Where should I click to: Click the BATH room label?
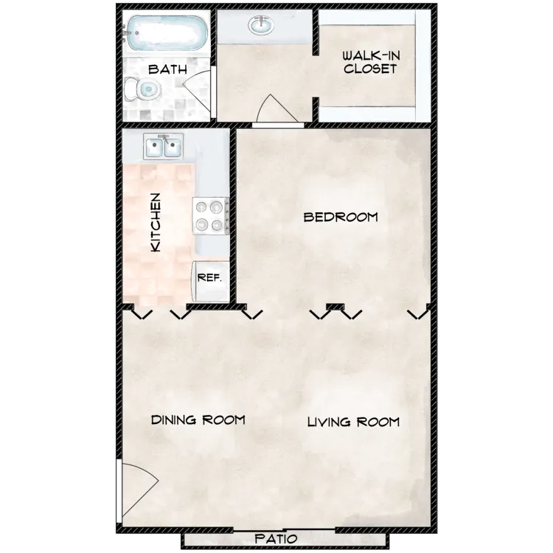click(x=167, y=69)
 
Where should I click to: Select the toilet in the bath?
click(x=142, y=89)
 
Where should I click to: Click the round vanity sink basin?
click(x=260, y=25)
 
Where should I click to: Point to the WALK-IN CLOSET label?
click(x=370, y=62)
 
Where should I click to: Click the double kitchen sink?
click(x=163, y=146)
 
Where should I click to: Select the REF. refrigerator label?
click(x=209, y=277)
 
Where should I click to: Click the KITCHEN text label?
click(x=156, y=222)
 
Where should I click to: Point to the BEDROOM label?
click(x=341, y=217)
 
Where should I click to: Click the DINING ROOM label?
click(x=198, y=420)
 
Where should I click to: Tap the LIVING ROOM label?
click(x=353, y=422)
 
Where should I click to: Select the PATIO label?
click(x=276, y=538)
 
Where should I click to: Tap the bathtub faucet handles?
click(x=125, y=33)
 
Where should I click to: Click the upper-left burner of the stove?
click(x=201, y=207)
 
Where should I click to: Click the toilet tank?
click(x=130, y=89)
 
